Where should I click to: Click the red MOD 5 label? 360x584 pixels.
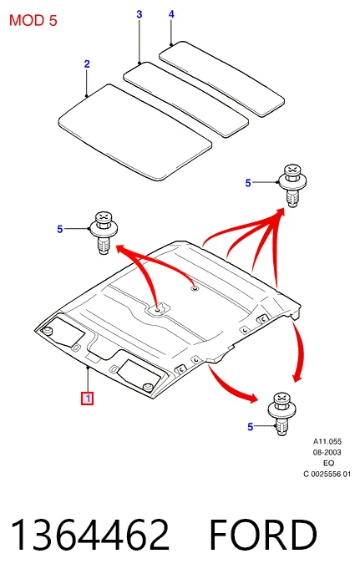[33, 21]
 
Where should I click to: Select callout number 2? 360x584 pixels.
[87, 64]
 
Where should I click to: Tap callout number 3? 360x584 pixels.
[139, 14]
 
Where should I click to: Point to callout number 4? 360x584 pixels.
[171, 14]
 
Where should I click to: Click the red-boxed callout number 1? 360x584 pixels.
[88, 399]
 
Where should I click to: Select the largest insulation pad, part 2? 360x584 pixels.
[135, 132]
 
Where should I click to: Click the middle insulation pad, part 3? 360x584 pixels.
[185, 99]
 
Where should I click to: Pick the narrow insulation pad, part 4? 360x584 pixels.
[222, 79]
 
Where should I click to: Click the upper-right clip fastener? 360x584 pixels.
[292, 185]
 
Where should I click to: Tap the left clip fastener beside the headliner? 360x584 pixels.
[104, 233]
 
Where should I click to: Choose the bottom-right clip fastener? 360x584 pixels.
[281, 414]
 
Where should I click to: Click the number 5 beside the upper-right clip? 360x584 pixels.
[248, 183]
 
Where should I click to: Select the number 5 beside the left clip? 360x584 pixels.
[60, 229]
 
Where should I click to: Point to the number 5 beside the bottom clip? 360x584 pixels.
[251, 427]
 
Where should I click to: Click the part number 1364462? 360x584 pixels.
[89, 535]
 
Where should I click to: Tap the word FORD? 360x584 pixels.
[263, 535]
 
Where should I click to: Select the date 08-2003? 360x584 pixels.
[327, 453]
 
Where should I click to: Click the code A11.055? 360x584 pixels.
[327, 442]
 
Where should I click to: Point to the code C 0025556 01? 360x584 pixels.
[327, 474]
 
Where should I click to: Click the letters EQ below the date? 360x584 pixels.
[329, 464]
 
